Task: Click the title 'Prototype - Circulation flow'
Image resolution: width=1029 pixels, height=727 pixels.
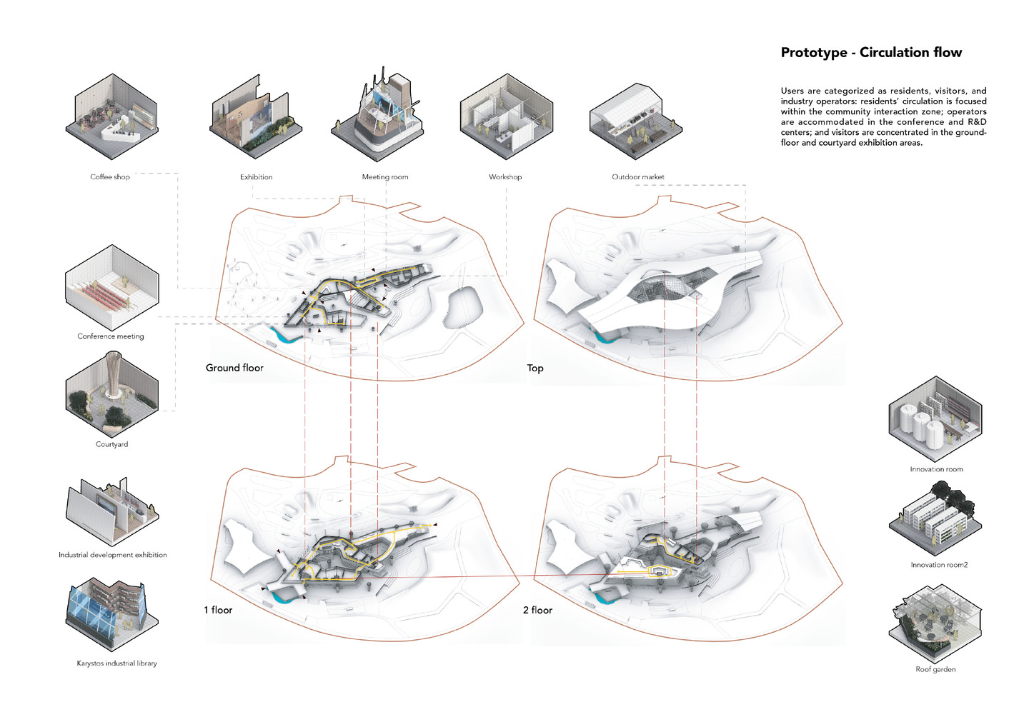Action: (871, 52)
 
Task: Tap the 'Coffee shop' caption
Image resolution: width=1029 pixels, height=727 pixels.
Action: (110, 177)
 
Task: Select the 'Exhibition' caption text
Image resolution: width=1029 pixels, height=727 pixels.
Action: (256, 177)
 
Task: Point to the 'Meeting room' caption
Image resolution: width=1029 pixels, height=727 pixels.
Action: (385, 177)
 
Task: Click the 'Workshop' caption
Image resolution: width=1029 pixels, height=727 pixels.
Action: (505, 177)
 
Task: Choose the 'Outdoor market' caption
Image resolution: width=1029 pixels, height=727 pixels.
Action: (638, 177)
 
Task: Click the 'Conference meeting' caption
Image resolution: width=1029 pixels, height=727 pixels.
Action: (111, 336)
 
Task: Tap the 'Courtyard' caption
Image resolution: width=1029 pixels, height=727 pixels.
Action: (112, 444)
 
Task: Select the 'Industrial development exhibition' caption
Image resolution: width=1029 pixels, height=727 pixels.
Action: (113, 555)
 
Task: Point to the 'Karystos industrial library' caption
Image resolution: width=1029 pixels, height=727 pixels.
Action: (117, 663)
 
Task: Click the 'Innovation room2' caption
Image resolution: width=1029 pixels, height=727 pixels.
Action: (939, 565)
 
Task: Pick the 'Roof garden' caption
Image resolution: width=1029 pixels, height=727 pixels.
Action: (935, 669)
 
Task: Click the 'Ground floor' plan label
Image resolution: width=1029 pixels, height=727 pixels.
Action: (234, 368)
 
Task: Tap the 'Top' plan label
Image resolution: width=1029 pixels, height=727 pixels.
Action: (535, 368)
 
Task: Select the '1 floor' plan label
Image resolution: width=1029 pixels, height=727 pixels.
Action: (218, 610)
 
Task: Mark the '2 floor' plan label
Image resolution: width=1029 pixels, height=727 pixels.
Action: (537, 610)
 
